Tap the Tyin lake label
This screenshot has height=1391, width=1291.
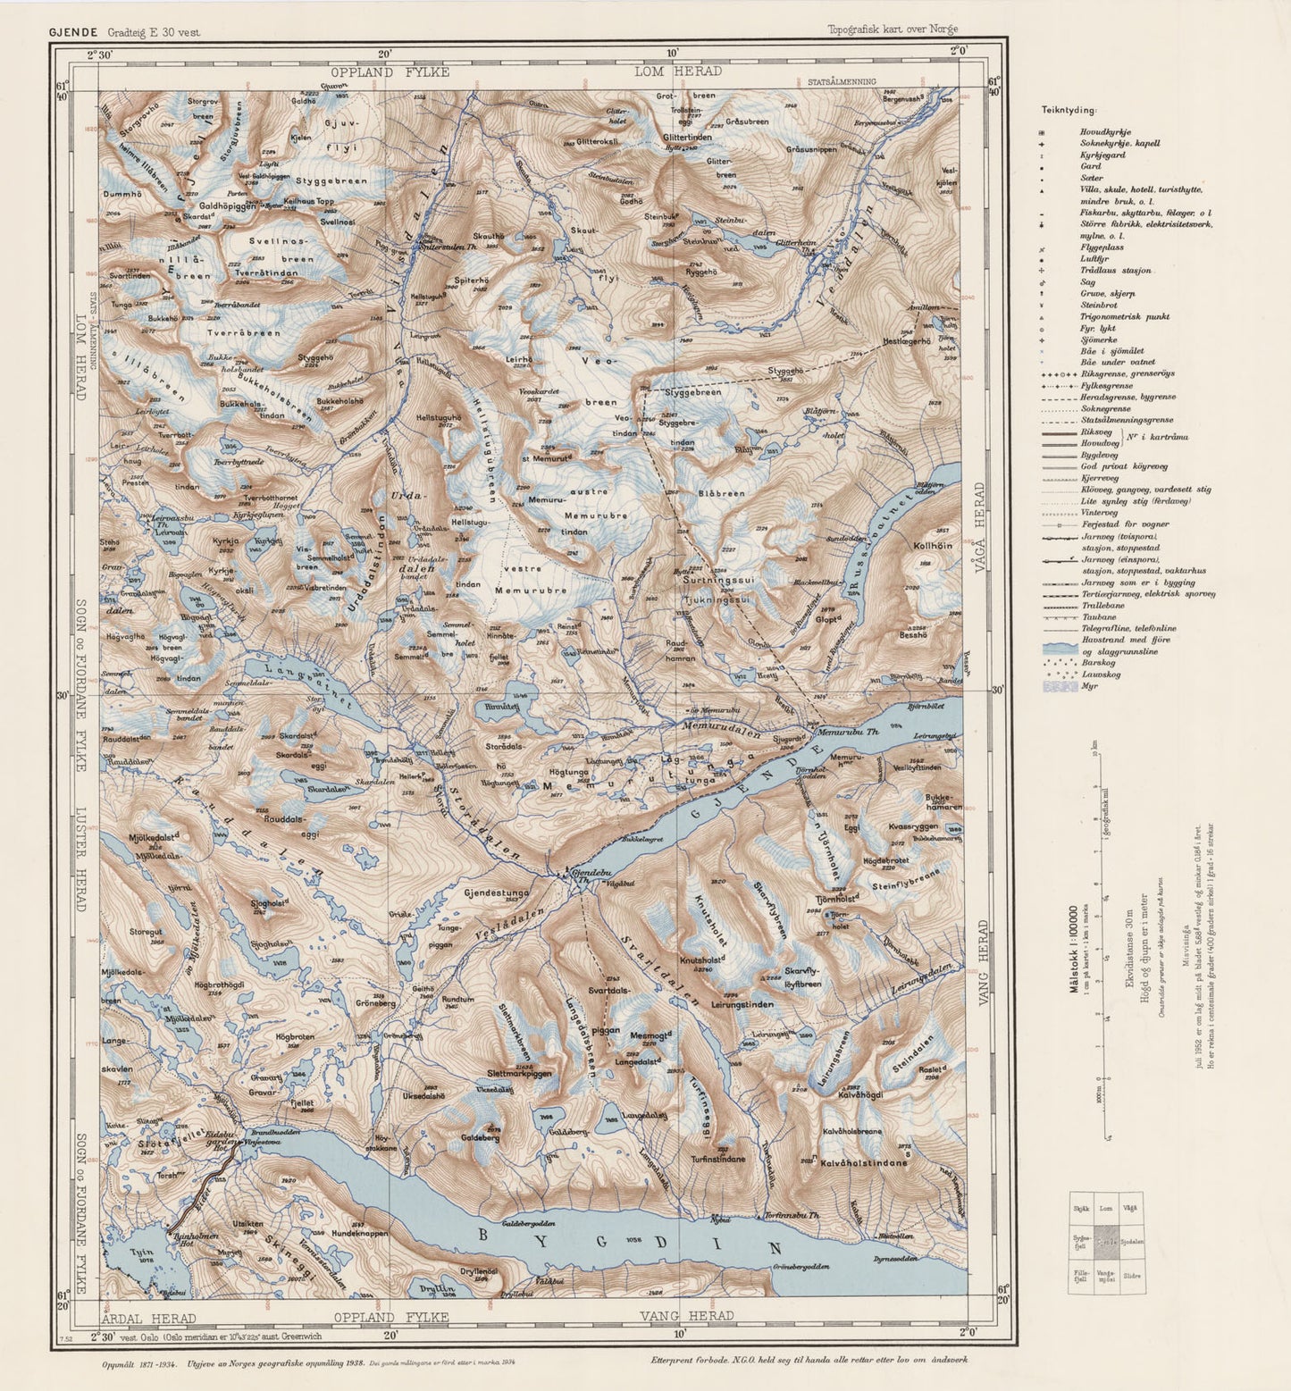[142, 1253]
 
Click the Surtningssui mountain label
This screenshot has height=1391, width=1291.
[719, 580]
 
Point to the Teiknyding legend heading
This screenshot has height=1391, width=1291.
[1068, 110]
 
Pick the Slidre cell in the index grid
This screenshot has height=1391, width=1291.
[1131, 1276]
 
